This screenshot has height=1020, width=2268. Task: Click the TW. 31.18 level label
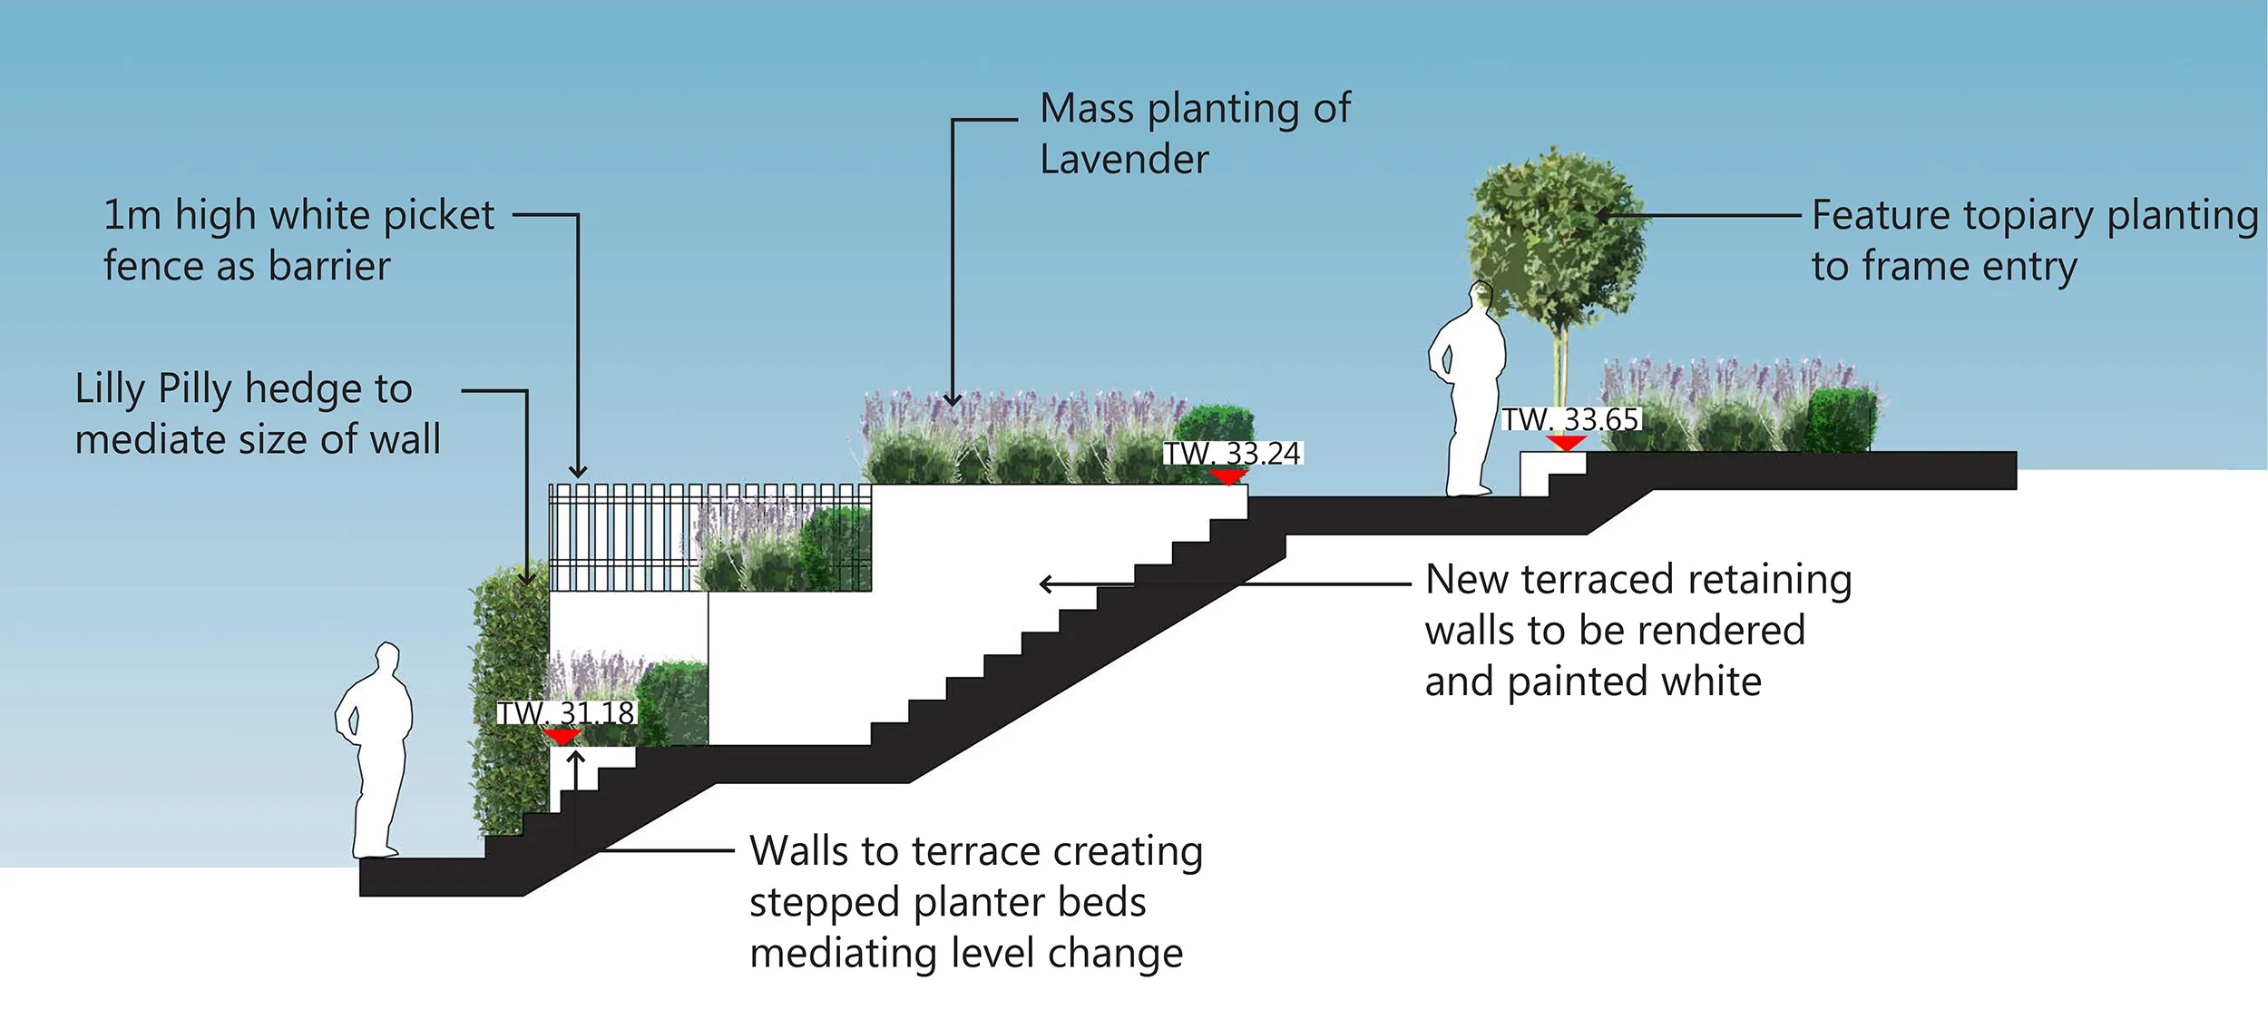(x=566, y=712)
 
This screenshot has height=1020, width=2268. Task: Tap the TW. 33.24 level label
(x=1233, y=453)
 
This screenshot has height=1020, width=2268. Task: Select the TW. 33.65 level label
(x=1571, y=419)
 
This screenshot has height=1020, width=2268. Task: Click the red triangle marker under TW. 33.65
(x=1566, y=443)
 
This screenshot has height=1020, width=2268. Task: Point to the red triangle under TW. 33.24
(x=1228, y=476)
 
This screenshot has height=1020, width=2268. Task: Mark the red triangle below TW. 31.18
(x=562, y=736)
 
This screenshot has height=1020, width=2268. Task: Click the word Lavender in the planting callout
(x=1124, y=160)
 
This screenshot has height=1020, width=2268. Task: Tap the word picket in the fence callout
(x=439, y=216)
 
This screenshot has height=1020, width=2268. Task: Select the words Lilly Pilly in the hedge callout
(x=153, y=389)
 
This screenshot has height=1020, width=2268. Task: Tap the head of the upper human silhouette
(x=1481, y=296)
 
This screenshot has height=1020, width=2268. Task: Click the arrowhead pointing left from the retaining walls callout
(x=1047, y=584)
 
